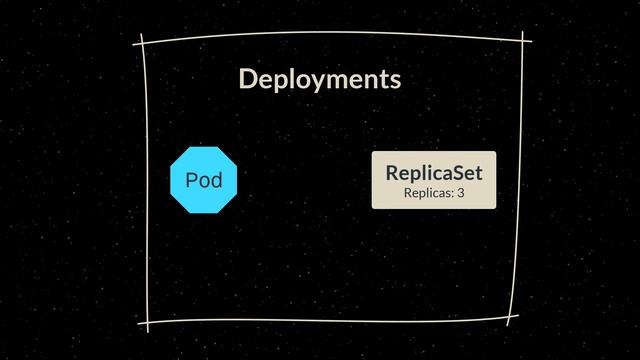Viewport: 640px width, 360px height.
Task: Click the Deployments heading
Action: (319, 79)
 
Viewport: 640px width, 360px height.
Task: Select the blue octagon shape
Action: (203, 179)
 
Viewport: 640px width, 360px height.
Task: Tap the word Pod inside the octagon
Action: (203, 180)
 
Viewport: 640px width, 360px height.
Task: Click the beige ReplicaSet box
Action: (434, 180)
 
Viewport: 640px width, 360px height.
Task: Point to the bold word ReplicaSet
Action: (434, 173)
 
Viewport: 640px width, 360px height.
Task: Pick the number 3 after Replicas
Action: (461, 192)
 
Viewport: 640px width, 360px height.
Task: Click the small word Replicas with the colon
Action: (428, 192)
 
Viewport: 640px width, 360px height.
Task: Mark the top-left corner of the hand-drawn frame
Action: (144, 43)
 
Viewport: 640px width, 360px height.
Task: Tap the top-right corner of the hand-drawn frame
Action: (522, 39)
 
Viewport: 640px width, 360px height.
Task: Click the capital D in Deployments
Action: (248, 79)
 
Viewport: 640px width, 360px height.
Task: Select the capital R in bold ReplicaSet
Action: (392, 173)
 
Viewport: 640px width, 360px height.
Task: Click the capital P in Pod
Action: (191, 180)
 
